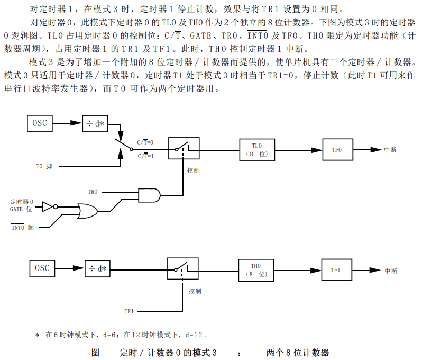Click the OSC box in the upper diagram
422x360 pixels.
[x=40, y=123]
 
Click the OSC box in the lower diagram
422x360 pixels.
[x=42, y=268]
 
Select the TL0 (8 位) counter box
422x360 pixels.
[x=257, y=150]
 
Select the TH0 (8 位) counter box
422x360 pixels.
[x=256, y=270]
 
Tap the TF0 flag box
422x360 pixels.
[x=337, y=150]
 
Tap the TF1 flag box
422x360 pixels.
[x=336, y=270]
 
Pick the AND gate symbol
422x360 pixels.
[x=149, y=196]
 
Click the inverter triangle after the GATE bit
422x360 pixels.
[x=48, y=206]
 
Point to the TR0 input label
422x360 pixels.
[x=93, y=192]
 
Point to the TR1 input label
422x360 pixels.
[x=129, y=311]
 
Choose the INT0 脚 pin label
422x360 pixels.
[x=22, y=228]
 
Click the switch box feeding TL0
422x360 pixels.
[x=184, y=147]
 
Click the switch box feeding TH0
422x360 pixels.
[x=183, y=268]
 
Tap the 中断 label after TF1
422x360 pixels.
[x=391, y=271]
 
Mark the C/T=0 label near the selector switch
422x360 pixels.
[x=145, y=142]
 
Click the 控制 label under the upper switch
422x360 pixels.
[x=193, y=170]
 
